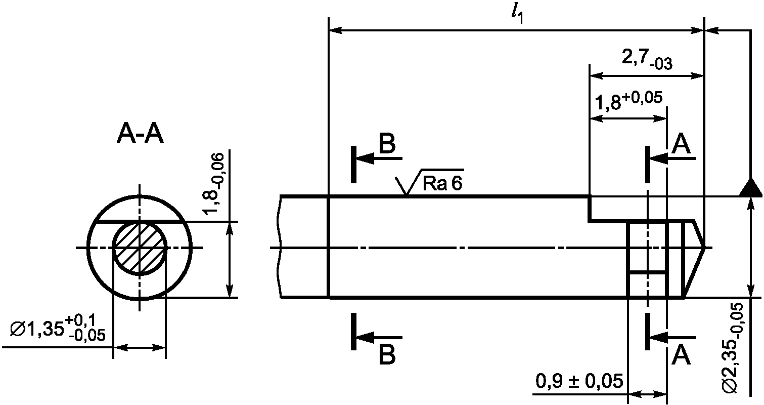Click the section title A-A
140,135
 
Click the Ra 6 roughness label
442,183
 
